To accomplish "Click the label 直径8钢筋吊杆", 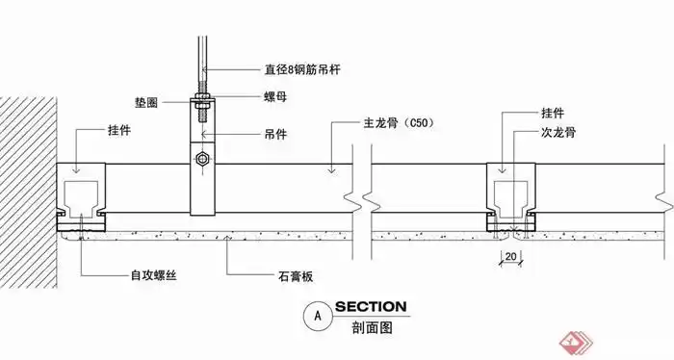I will tap(302, 69).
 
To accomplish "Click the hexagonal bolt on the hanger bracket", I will tap(201, 159).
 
